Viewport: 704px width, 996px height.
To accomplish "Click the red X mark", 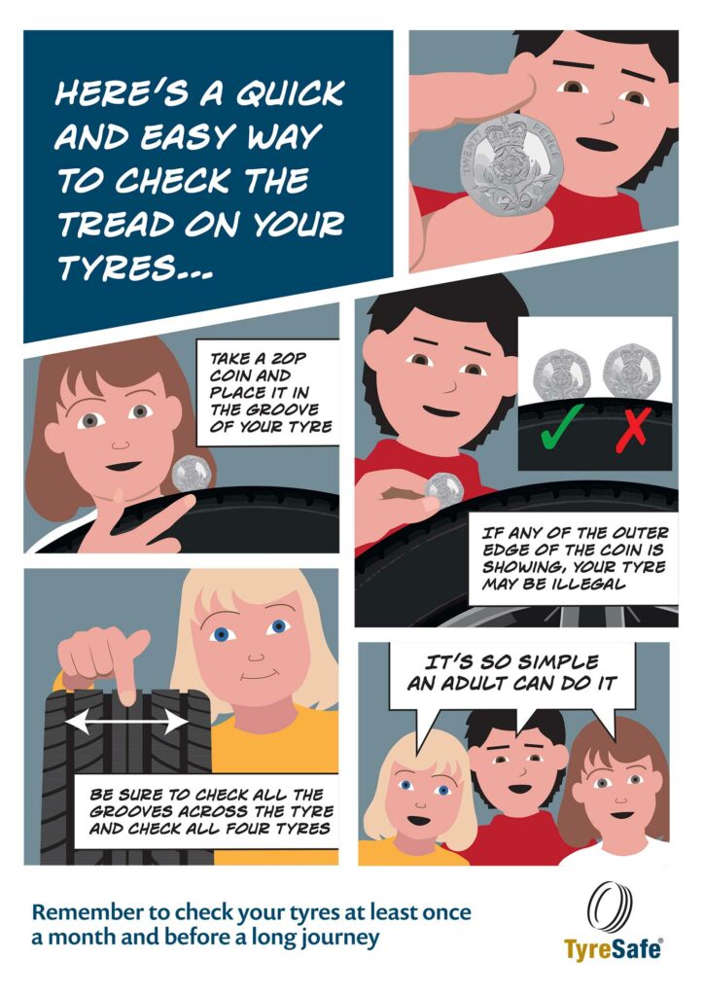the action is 633,430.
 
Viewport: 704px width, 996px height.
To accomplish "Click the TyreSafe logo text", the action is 614,949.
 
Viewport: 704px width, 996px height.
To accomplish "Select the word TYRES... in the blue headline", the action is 134,267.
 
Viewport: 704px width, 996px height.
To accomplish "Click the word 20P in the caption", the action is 289,359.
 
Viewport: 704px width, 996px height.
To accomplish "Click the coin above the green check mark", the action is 562,374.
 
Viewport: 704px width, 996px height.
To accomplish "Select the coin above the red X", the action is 632,372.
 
